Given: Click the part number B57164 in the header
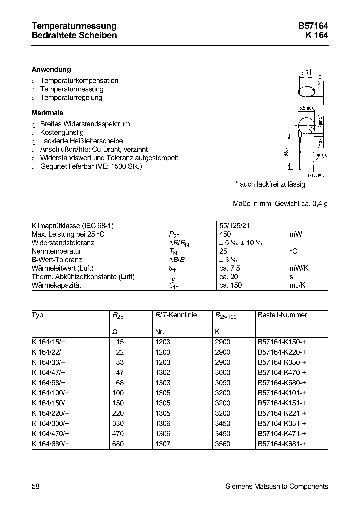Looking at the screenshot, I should point(314,26).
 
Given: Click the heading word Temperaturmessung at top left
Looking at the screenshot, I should point(74,26).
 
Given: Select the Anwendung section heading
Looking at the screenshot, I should point(51,70).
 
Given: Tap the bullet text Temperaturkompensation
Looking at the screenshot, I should point(79,81).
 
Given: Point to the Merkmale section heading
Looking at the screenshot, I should point(47,113).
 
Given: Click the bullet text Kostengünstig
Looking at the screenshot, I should point(62,133).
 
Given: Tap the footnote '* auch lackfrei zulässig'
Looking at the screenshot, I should point(270,184).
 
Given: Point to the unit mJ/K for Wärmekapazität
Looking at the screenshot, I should point(298,285).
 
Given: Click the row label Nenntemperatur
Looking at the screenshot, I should point(56,251).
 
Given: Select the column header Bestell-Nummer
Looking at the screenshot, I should point(282,315).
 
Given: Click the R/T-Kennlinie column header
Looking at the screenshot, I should point(176,315).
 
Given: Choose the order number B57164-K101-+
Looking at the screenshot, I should point(282,393).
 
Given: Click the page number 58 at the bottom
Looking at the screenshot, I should point(35,486).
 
